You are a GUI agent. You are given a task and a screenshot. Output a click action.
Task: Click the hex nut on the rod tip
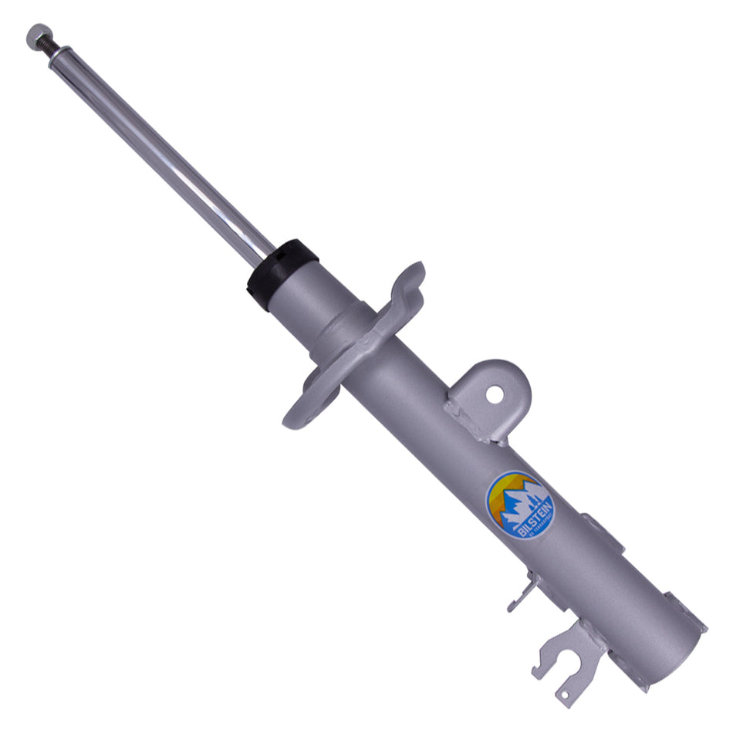click(35, 35)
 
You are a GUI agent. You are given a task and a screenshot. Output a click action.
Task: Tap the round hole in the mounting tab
click(494, 395)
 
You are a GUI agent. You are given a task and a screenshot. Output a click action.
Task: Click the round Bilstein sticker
click(519, 505)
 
